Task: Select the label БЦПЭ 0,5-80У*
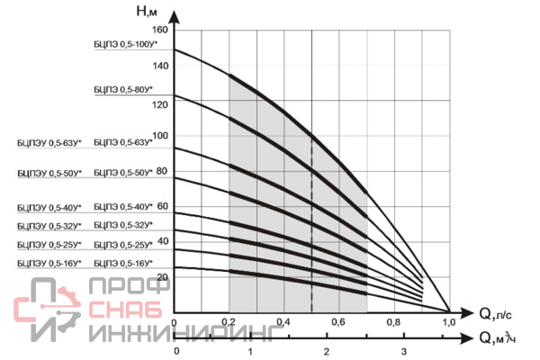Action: pos(123,89)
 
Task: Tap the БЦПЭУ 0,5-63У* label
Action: pos(49,142)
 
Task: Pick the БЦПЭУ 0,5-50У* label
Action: pos(49,172)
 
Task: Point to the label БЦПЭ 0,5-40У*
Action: pos(123,206)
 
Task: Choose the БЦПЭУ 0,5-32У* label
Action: pos(49,225)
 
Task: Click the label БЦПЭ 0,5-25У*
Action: pos(123,244)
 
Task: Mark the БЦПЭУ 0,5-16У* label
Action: pos(49,263)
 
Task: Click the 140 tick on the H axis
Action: pos(160,67)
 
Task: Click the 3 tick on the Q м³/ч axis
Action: pos(403,350)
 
